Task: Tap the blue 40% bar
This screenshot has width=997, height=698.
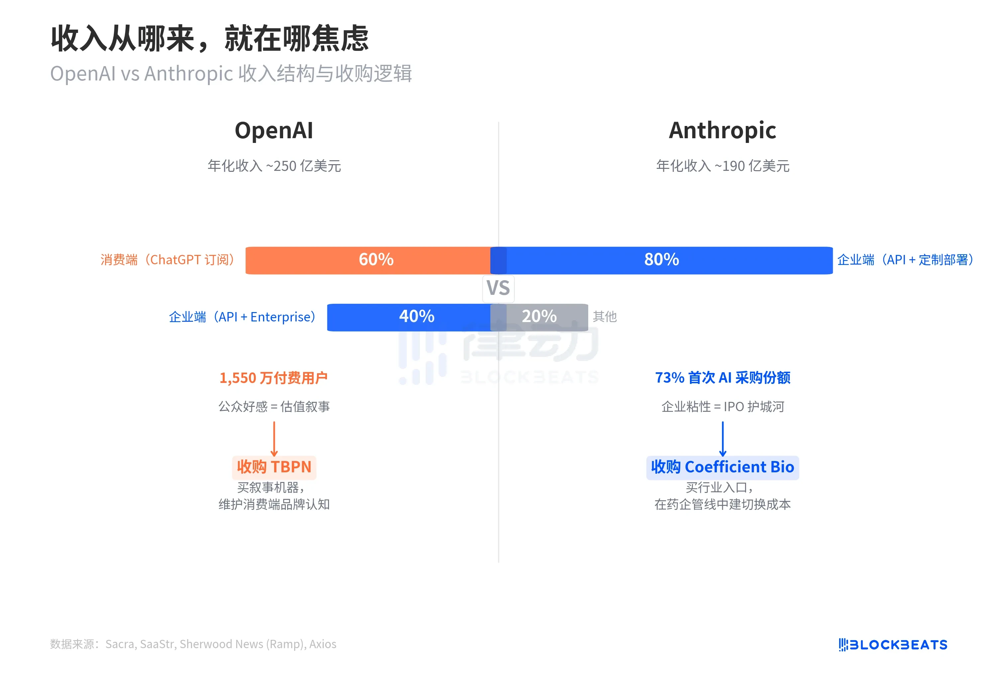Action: pyautogui.click(x=408, y=317)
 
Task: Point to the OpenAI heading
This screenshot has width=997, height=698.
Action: pyautogui.click(x=274, y=130)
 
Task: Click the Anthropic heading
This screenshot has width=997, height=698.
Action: pyautogui.click(x=722, y=130)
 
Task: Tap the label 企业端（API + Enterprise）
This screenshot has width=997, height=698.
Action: pyautogui.click(x=242, y=317)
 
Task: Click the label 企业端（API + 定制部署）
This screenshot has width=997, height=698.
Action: pyautogui.click(x=905, y=260)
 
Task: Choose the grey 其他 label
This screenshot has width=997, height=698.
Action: pyautogui.click(x=605, y=317)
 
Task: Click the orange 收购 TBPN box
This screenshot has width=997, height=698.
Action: pyautogui.click(x=274, y=467)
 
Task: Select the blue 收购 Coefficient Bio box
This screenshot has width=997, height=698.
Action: pyautogui.click(x=722, y=467)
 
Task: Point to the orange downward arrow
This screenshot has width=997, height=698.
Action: pyautogui.click(x=274, y=439)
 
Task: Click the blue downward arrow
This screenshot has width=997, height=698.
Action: pyautogui.click(x=722, y=439)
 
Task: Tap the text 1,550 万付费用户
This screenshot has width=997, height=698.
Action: pyautogui.click(x=274, y=378)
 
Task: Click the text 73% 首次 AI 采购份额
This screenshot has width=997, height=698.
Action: pyautogui.click(x=722, y=378)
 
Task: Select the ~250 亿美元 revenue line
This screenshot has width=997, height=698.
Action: pyautogui.click(x=274, y=166)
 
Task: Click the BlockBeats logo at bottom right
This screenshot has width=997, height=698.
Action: pyautogui.click(x=892, y=644)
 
